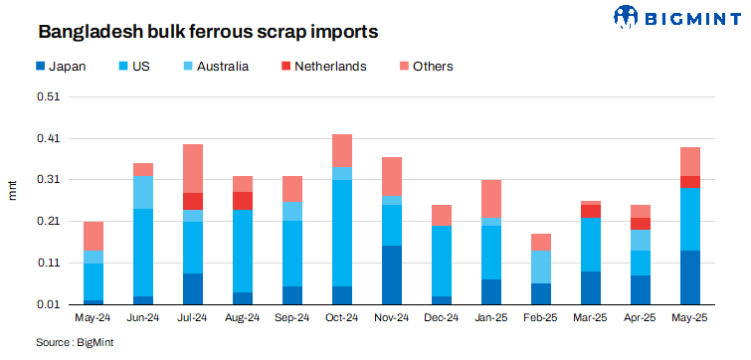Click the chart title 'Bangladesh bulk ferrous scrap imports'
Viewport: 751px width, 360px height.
(x=208, y=32)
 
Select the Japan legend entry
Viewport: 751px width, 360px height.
(x=61, y=67)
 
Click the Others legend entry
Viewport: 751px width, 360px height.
(x=428, y=67)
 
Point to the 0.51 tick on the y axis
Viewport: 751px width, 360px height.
(x=48, y=97)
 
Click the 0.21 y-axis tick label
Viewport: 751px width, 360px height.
(x=48, y=222)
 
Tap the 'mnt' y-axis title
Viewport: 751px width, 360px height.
(x=13, y=189)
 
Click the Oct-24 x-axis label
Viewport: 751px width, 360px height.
(x=342, y=319)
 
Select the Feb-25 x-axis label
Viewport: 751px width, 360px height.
(x=541, y=319)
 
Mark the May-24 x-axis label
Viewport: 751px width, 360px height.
(x=94, y=319)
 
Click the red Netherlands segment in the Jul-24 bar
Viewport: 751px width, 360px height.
(x=193, y=201)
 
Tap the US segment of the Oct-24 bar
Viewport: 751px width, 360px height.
(x=342, y=233)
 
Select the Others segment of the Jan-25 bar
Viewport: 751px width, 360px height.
(x=491, y=199)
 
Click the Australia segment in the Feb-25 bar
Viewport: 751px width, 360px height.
(x=541, y=267)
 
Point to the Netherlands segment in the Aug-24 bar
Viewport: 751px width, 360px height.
(x=243, y=201)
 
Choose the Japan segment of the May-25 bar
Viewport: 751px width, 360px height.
(x=690, y=277)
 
